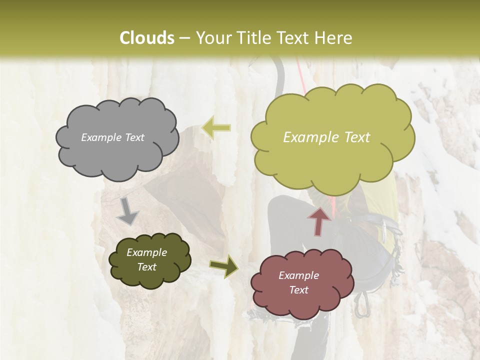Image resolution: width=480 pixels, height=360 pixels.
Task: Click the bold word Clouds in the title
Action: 146,38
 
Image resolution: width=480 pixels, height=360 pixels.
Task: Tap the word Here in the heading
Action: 334,38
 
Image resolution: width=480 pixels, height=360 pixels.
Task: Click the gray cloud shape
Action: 117,138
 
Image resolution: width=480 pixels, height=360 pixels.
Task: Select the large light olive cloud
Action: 332,137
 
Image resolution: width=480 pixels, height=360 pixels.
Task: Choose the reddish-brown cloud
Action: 299,283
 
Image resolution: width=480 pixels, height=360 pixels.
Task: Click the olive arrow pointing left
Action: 216,127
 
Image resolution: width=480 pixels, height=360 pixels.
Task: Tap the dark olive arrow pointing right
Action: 223,265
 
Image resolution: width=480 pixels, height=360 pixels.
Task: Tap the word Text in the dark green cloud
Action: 147,267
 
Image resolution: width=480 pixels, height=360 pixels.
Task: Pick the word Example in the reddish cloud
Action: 298,275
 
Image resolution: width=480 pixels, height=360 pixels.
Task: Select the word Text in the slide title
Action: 295,38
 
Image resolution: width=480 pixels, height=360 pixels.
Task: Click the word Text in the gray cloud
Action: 134,137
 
